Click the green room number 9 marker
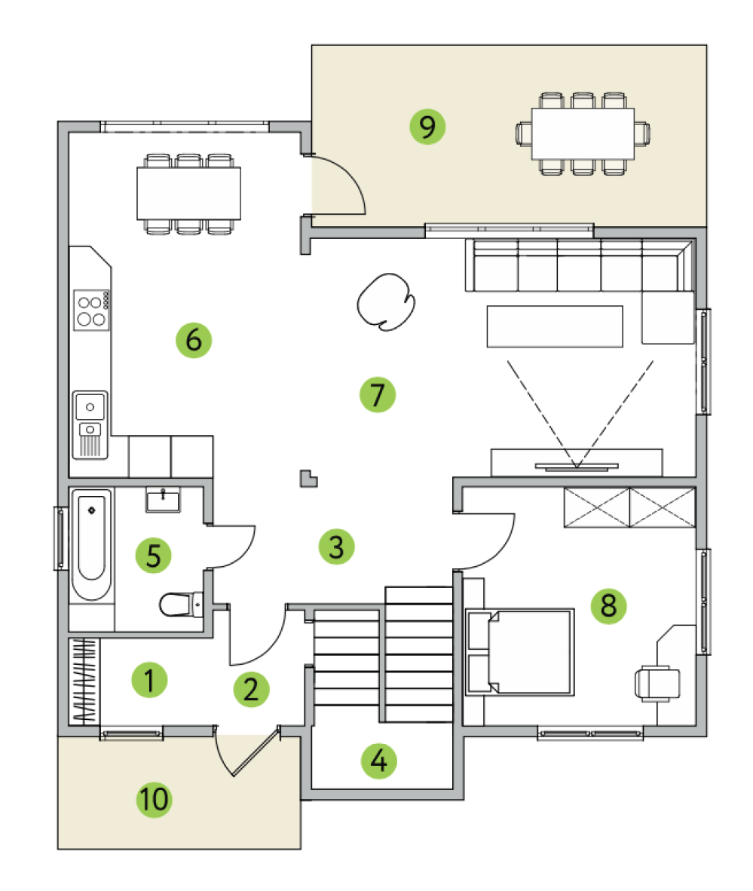[x=427, y=126]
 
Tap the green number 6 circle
[x=194, y=340]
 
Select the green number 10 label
[x=154, y=800]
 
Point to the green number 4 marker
[x=379, y=761]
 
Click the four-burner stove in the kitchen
[x=91, y=310]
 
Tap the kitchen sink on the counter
[x=90, y=424]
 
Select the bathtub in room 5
[x=91, y=544]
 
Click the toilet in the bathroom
[x=181, y=605]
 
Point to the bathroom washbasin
[x=163, y=500]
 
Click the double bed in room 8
[x=519, y=652]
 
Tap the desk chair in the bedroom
[x=657, y=683]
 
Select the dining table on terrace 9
[x=583, y=133]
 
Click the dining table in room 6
[x=188, y=193]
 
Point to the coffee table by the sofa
[x=555, y=326]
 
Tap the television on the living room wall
[x=577, y=467]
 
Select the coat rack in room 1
[x=84, y=681]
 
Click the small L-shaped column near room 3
[x=308, y=479]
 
